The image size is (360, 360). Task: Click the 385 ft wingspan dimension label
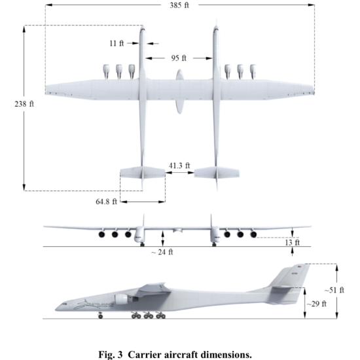[x=179, y=5]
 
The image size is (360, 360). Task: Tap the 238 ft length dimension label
[x=24, y=104]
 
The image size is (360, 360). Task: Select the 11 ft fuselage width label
[x=117, y=43]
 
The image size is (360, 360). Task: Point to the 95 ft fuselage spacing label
[x=179, y=58]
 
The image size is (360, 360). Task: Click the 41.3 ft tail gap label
[x=179, y=166]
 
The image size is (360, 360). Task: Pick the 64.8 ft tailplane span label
[x=106, y=202]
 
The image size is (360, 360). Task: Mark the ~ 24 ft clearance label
[x=162, y=252]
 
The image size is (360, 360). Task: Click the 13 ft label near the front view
[x=293, y=242]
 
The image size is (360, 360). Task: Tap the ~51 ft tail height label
[x=334, y=290]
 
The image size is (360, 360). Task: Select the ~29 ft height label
[x=316, y=304]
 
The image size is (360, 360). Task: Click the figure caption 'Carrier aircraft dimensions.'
[x=190, y=355]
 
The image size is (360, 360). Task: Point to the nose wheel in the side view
[x=100, y=316]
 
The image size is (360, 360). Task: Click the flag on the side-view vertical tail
[x=299, y=266]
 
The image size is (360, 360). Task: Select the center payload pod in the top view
[x=180, y=92]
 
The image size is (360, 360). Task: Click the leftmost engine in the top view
[x=106, y=71]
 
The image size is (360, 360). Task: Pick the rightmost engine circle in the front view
[x=253, y=234]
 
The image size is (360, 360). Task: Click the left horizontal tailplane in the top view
[x=143, y=172]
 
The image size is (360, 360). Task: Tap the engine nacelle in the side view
[x=122, y=299]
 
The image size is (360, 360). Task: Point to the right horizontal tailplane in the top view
[x=217, y=172]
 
